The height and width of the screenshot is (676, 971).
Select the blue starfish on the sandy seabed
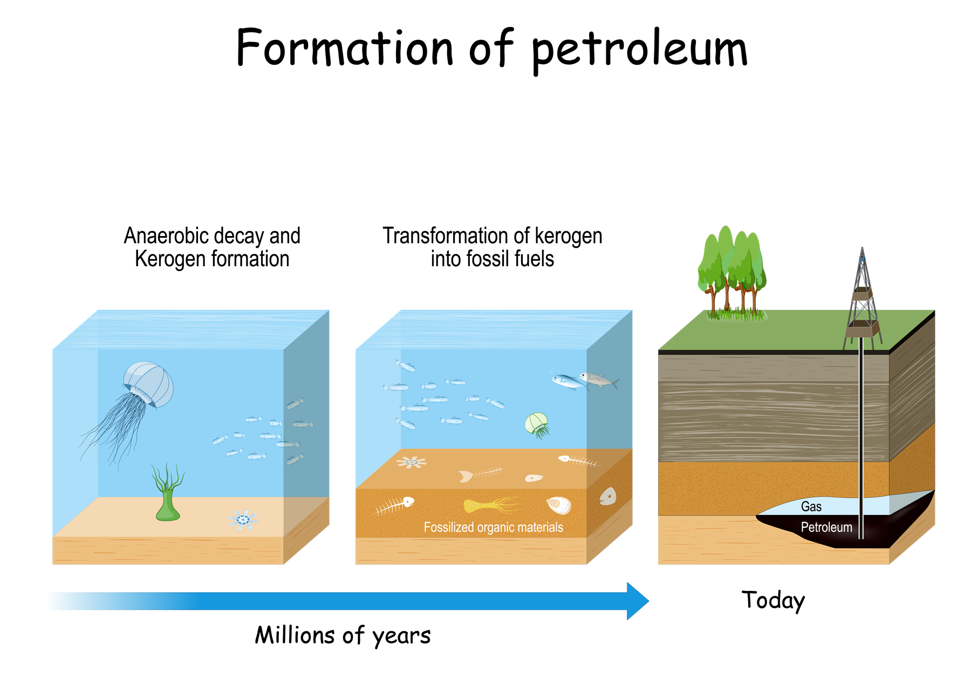pyautogui.click(x=242, y=520)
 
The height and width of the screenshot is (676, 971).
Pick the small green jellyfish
pyautogui.click(x=536, y=423)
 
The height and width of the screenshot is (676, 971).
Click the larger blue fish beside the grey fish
pyautogui.click(x=566, y=381)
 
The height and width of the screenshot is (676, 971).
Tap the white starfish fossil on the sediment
pyautogui.click(x=412, y=462)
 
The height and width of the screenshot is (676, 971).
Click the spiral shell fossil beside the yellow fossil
pyautogui.click(x=559, y=505)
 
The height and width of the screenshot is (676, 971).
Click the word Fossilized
pyautogui.click(x=449, y=527)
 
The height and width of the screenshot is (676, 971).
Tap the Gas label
pyautogui.click(x=811, y=507)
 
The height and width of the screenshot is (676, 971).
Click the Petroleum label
pyautogui.click(x=826, y=527)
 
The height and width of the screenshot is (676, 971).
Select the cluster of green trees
pyautogui.click(x=731, y=270)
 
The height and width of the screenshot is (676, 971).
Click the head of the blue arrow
pyautogui.click(x=637, y=601)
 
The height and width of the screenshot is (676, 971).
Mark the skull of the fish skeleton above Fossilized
pyautogui.click(x=408, y=502)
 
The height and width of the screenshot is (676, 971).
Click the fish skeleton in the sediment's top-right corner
pyautogui.click(x=578, y=461)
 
